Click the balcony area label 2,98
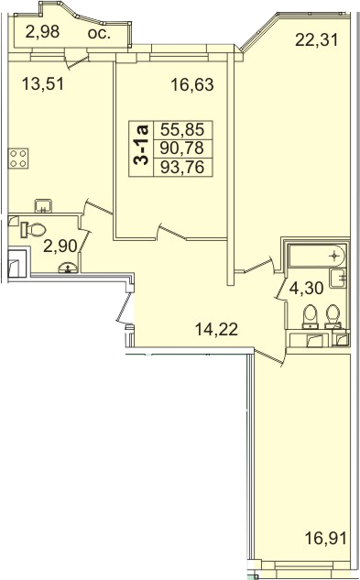42,32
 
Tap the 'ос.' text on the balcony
99,33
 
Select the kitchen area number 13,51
43,83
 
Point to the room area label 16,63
192,84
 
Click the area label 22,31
317,39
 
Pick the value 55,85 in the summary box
182,130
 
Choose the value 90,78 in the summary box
182,148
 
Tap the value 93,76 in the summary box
182,167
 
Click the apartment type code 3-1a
140,145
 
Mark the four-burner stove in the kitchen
18,159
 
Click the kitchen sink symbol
43,205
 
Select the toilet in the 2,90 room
33,230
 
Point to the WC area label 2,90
60,246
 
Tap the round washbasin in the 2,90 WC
68,268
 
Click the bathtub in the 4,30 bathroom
317,256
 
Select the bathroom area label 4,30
307,288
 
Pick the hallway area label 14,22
216,329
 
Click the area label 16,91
326,538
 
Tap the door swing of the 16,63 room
171,232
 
